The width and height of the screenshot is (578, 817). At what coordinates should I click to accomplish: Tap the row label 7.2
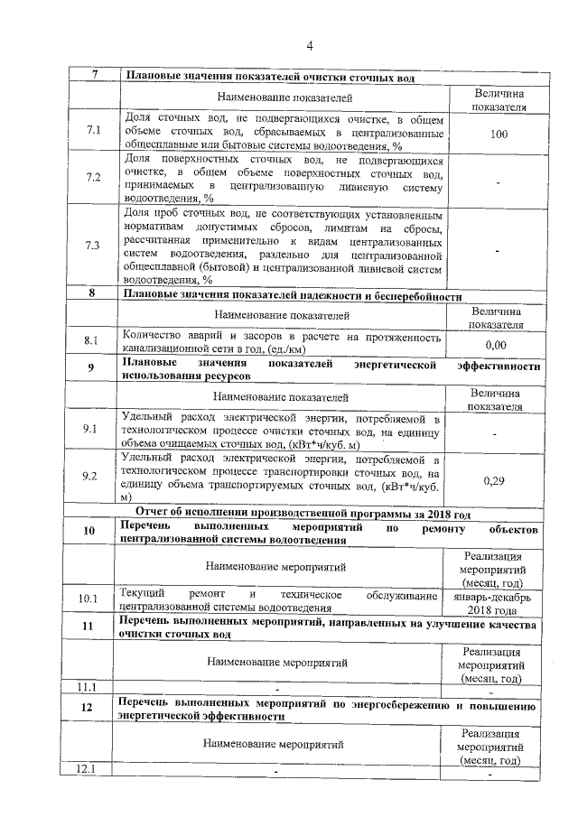coord(92,177)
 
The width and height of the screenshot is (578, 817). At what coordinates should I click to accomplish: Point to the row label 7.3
coord(92,246)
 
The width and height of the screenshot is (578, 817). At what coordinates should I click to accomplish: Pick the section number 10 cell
coord(89,531)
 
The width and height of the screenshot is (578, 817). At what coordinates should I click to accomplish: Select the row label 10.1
coord(88,599)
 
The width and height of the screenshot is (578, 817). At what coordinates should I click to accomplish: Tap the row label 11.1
coord(88,686)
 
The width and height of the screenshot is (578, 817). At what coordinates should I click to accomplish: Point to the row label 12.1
coord(88,769)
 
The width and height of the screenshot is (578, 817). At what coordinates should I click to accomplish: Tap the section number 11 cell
coord(88,627)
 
